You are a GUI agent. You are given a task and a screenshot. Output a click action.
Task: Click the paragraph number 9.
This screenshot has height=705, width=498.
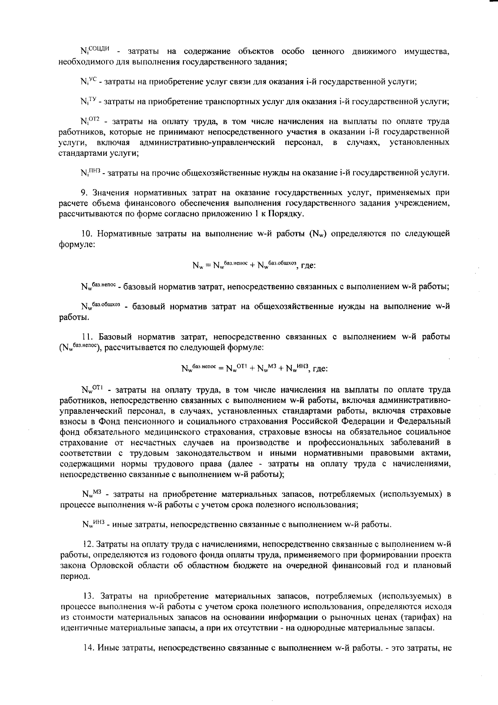click(83, 193)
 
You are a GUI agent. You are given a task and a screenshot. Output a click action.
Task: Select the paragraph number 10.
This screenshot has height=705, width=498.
click(85, 233)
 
